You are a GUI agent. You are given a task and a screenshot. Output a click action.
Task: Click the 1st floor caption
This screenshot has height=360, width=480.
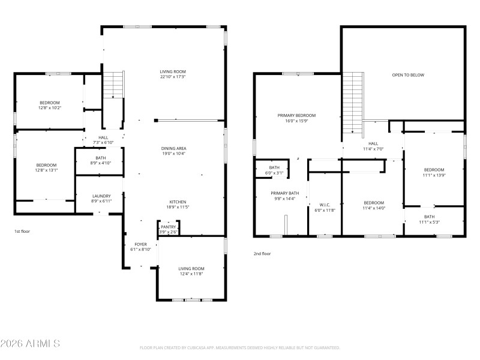22,231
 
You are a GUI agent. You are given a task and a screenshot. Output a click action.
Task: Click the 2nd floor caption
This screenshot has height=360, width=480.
262,253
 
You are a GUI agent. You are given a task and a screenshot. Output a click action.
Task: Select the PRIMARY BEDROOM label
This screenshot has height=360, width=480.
296,115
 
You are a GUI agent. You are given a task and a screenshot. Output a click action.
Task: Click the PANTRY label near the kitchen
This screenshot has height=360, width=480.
168,227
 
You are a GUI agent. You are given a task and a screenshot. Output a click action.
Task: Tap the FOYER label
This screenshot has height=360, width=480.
140,244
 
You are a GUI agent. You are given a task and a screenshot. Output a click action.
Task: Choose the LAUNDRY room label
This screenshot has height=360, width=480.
101,196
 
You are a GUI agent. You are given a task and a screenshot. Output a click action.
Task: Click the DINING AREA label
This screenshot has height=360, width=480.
173,148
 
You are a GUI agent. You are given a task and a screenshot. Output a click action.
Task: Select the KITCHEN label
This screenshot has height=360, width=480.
178,202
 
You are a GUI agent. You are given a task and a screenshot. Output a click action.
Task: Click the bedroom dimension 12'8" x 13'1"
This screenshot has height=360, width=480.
46,170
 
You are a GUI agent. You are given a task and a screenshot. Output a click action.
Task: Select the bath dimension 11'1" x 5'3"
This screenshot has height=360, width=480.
430,222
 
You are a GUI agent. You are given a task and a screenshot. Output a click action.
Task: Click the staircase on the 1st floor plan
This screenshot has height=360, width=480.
113,85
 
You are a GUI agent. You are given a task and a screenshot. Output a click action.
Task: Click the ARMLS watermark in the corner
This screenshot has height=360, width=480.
30,344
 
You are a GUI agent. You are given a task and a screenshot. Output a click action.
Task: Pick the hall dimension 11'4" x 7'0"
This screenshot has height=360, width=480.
373,149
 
